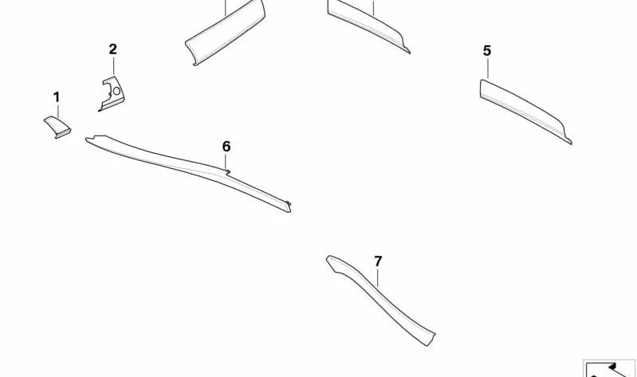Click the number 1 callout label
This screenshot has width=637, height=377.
[x=57, y=97]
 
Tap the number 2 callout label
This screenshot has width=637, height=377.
[x=113, y=49]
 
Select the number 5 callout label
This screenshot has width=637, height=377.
[x=487, y=51]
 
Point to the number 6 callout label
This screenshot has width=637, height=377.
[x=226, y=147]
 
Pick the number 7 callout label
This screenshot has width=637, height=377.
[x=378, y=261]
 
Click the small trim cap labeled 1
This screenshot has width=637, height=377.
[x=57, y=127]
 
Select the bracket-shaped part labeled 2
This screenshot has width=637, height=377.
[x=112, y=94]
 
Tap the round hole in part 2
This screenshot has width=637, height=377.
[x=116, y=91]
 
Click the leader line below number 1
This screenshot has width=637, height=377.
[x=58, y=111]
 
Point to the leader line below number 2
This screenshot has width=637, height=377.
[x=114, y=66]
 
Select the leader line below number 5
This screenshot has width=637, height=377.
[x=487, y=69]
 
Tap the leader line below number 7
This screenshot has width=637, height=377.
[x=378, y=278]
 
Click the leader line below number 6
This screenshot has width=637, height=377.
[x=226, y=162]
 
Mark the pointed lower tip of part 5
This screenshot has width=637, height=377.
[x=570, y=142]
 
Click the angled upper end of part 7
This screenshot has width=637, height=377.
[x=331, y=261]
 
